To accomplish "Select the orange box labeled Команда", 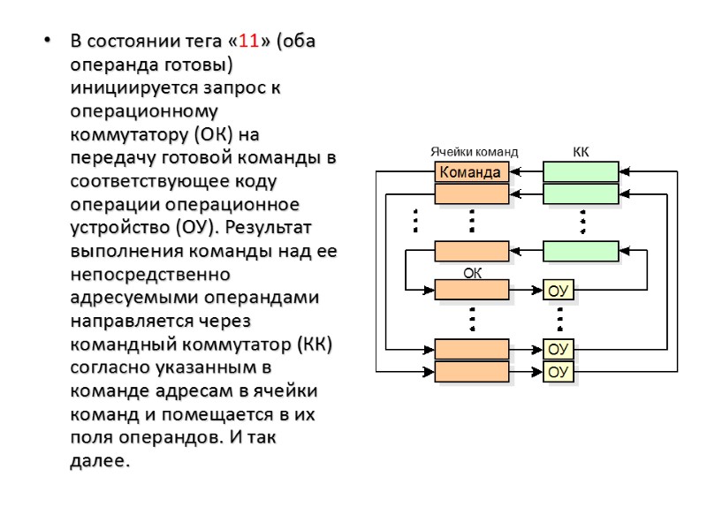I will pyautogui.click(x=471, y=172).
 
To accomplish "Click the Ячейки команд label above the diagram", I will pyautogui.click(x=474, y=152).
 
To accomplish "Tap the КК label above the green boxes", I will pyautogui.click(x=581, y=152).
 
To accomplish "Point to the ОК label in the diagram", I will pyautogui.click(x=473, y=274).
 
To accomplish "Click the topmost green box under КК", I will pyautogui.click(x=581, y=172).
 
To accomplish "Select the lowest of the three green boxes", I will pyautogui.click(x=581, y=251).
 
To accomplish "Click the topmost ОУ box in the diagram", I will pyautogui.click(x=558, y=291).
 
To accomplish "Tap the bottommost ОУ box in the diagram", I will pyautogui.click(x=558, y=373).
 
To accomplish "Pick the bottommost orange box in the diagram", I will pyautogui.click(x=472, y=373).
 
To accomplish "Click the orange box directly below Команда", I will pyautogui.click(x=472, y=193).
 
